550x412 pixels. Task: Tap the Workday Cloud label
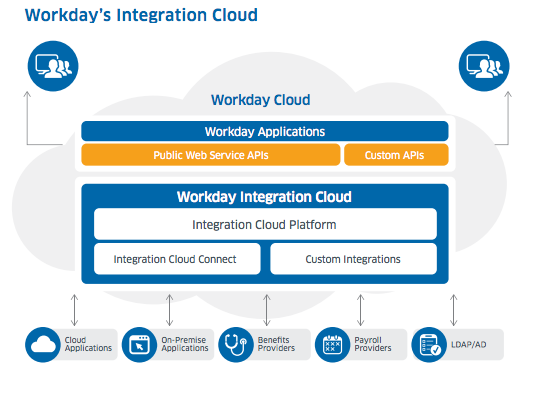260,100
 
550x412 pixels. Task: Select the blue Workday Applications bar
265,131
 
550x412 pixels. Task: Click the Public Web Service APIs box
210,155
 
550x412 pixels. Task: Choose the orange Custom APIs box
396,155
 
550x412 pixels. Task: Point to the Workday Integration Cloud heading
264,197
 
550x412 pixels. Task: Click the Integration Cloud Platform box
265,224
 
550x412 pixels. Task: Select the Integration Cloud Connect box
176,259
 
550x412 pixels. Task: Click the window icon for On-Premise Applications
139,345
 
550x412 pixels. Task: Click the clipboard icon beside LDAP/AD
428,345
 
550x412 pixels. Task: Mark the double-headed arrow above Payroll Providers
360,309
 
